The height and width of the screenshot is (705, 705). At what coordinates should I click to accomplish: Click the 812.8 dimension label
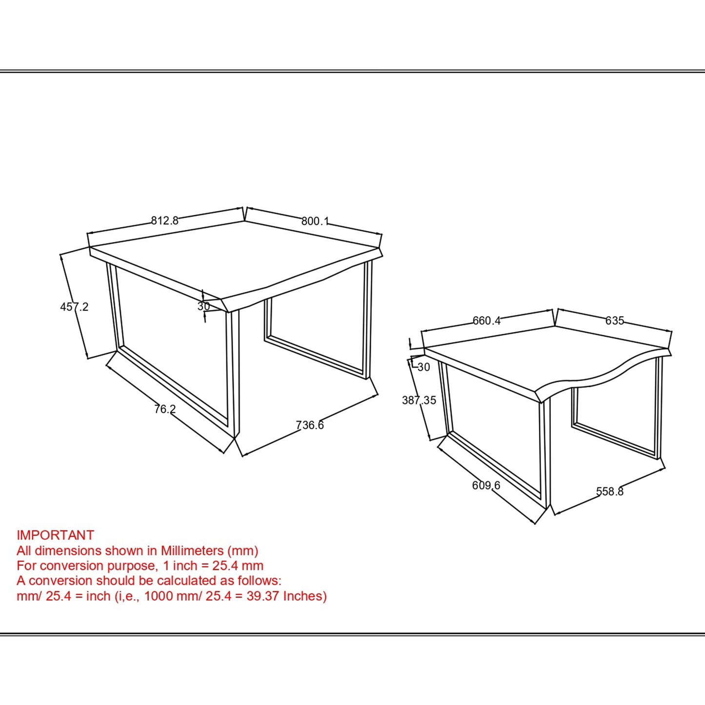(x=164, y=221)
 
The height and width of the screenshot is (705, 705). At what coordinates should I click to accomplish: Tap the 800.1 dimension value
(x=315, y=221)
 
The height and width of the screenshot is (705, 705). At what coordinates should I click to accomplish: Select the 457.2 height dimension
(x=74, y=307)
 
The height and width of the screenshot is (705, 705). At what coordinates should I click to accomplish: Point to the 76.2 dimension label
(x=164, y=409)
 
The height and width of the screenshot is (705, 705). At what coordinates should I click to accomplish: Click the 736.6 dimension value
(x=310, y=425)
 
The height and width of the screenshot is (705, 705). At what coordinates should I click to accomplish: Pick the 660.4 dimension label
(x=486, y=321)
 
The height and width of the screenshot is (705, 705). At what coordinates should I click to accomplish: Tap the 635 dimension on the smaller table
(x=614, y=321)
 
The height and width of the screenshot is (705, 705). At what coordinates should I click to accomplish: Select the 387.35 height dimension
(x=419, y=400)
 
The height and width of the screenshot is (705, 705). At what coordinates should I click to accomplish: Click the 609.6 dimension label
(x=486, y=485)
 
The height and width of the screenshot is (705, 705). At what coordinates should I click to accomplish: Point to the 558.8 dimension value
(x=609, y=491)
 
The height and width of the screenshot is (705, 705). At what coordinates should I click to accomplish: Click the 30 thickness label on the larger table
(x=203, y=306)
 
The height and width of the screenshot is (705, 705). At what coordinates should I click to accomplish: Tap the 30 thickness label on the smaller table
(x=423, y=367)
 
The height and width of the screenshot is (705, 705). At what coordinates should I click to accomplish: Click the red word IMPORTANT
(x=55, y=535)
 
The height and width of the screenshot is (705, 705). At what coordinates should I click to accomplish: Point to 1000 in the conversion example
(x=159, y=596)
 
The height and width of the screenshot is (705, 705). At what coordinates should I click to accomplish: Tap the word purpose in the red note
(x=132, y=566)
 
